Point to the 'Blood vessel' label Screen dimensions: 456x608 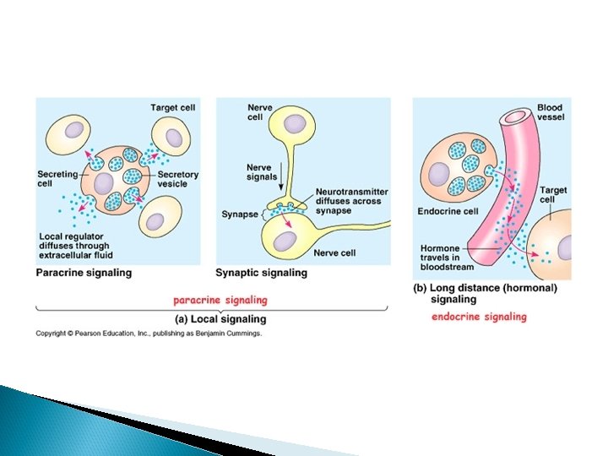(550, 113)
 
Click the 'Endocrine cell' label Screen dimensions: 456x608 (447, 212)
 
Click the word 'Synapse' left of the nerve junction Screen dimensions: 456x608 (240, 214)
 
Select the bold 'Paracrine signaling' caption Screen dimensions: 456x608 (84, 273)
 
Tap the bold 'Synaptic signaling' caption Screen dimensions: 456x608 (261, 273)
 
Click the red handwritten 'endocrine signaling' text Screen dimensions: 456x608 (479, 317)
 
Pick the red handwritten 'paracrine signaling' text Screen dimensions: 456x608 (220, 300)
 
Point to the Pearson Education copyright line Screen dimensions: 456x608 (149, 334)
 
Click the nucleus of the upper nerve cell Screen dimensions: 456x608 (295, 124)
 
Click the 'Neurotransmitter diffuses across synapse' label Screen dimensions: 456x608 (347, 201)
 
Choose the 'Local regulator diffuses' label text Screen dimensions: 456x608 (76, 245)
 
